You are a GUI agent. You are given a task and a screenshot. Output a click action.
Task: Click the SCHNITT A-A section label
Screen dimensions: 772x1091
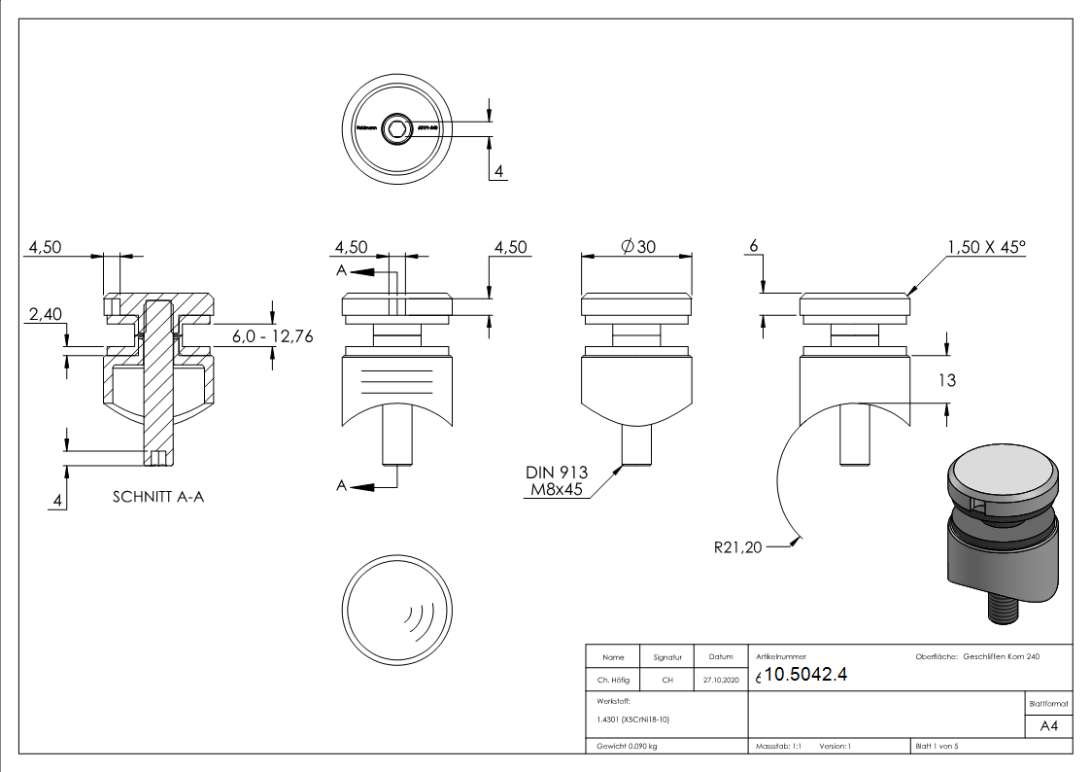coord(158,496)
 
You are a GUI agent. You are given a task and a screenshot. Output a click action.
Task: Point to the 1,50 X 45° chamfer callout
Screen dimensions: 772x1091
coord(985,247)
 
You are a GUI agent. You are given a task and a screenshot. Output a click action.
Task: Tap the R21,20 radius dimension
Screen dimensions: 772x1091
coord(738,548)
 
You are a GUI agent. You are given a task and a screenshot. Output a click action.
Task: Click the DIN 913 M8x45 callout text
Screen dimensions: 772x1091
coord(557,480)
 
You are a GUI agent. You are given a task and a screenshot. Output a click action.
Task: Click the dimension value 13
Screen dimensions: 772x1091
coord(945,380)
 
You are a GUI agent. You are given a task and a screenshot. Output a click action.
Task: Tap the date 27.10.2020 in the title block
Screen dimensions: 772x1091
coord(720,680)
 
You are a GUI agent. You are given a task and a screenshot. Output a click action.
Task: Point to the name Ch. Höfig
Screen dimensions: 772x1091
coord(613,680)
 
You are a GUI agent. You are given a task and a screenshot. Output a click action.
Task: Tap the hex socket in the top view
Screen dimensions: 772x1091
coord(397,127)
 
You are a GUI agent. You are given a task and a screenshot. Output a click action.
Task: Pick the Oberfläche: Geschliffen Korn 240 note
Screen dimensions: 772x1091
coord(977,657)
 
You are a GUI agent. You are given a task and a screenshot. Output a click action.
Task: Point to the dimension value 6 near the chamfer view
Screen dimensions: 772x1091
coord(752,247)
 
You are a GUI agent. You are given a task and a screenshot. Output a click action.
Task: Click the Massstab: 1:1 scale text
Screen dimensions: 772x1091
coord(778,747)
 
